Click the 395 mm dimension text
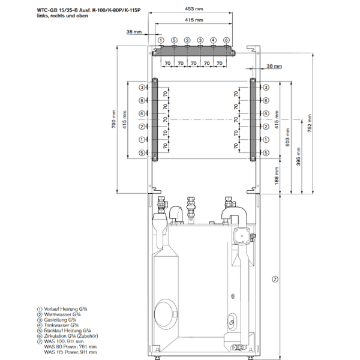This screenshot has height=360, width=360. [x=299, y=161]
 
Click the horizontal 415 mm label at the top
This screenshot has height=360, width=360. [x=194, y=20]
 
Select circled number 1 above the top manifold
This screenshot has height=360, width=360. [x=160, y=40]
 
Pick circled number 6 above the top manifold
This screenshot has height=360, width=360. [x=226, y=40]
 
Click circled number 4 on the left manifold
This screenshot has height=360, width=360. [x=142, y=113]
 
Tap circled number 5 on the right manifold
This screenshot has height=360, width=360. [x=266, y=153]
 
